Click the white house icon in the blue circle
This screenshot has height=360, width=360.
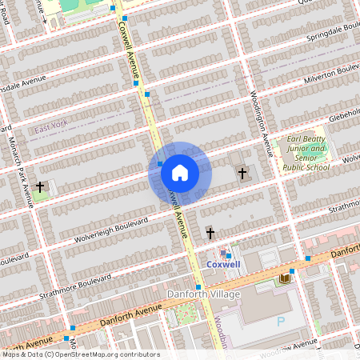[179, 172]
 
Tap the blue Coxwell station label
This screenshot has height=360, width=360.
[223, 263]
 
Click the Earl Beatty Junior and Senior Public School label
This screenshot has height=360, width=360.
[307, 152]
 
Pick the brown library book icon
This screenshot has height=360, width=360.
[284, 278]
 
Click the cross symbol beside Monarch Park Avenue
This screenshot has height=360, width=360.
[39, 186]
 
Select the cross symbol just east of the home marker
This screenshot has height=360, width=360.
[242, 172]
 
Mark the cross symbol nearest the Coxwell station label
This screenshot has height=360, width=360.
[210, 233]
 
